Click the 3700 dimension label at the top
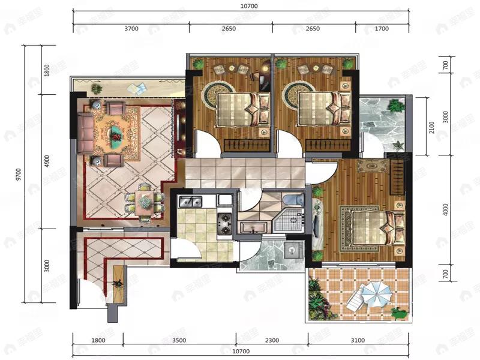(x=131, y=28)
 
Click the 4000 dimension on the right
(x=445, y=210)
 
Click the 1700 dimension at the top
(x=382, y=28)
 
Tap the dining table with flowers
(x=144, y=202)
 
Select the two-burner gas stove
(x=224, y=223)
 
